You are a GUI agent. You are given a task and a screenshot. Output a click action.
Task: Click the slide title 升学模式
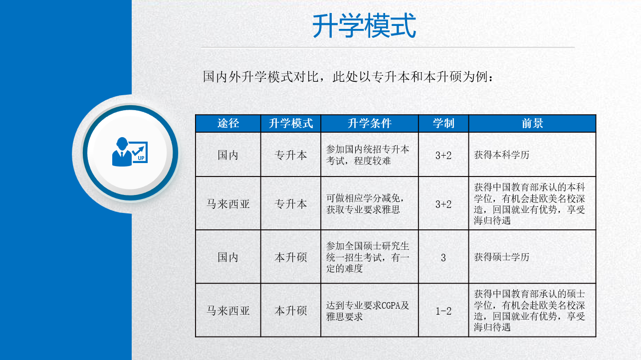click(364, 25)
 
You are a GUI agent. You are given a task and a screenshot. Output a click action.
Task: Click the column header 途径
click(228, 123)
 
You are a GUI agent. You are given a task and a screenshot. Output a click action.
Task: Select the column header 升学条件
click(370, 123)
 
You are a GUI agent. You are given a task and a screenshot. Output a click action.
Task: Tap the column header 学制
click(443, 123)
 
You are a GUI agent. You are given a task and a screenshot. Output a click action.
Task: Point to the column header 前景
click(532, 123)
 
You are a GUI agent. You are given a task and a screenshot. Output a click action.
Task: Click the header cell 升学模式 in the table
click(291, 123)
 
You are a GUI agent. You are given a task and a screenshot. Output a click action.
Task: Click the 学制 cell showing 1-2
click(443, 311)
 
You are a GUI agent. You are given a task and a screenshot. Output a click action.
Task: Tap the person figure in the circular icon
click(122, 152)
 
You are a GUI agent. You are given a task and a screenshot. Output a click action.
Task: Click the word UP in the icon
click(141, 158)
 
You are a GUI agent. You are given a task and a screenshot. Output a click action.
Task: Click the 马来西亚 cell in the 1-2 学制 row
click(228, 311)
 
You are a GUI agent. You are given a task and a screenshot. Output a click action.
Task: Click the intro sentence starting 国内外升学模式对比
click(348, 77)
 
